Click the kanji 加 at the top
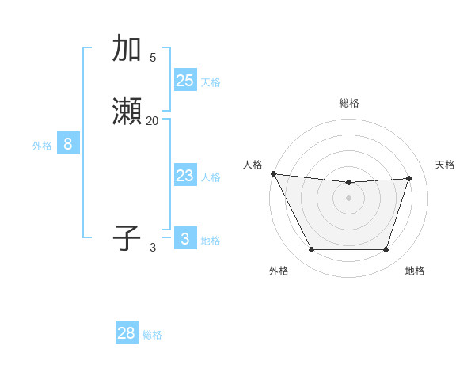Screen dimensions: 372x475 pos(127,48)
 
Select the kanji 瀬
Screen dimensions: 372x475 pos(127,111)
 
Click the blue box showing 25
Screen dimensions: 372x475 pos(184,80)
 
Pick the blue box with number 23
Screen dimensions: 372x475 pos(184,176)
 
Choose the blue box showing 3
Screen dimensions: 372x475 pos(184,239)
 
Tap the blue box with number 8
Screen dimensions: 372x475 pos(68,144)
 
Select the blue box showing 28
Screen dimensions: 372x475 pos(127,333)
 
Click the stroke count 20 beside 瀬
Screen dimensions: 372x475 pos(152,121)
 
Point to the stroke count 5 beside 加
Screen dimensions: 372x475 pos(152,58)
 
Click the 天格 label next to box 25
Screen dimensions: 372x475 pos(211,82)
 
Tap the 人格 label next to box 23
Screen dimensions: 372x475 pos(211,177)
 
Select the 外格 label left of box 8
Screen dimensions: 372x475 pos(42,146)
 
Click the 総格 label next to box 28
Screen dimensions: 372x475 pos(152,335)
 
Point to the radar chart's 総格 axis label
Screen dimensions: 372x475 pos(348,103)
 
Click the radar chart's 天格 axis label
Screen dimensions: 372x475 pos(445,165)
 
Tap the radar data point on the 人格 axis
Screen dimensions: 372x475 pos(273,173)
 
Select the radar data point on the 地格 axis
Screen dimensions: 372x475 pos(386,250)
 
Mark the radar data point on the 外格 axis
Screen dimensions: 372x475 pos(311,250)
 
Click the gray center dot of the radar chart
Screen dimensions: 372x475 pos(348,198)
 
